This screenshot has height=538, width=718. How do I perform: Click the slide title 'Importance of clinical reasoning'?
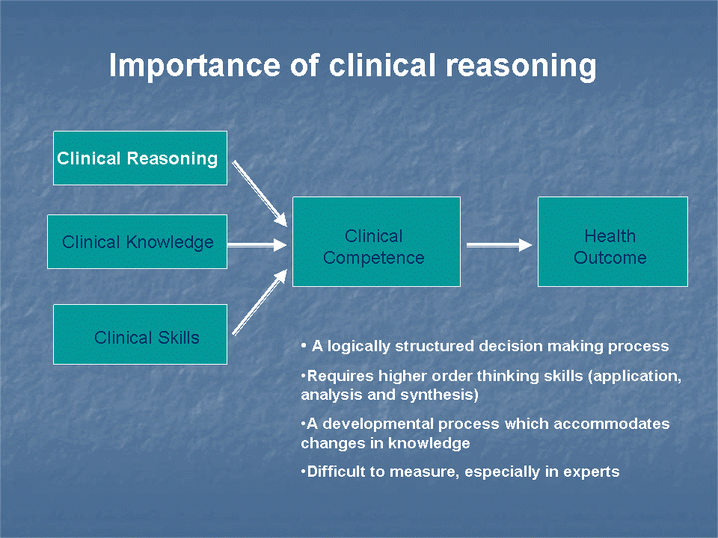tap(352, 66)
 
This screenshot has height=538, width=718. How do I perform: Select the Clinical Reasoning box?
tap(140, 158)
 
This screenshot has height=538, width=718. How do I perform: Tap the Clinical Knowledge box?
tap(137, 241)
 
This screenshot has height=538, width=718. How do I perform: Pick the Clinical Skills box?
tap(140, 335)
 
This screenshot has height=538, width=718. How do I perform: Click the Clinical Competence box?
tap(375, 241)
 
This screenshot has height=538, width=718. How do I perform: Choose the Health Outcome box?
tap(612, 241)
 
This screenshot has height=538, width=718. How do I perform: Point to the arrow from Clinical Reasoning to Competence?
tap(260, 193)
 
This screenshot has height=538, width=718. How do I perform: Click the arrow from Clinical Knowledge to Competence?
tap(257, 244)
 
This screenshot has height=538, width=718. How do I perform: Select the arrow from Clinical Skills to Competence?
tap(260, 302)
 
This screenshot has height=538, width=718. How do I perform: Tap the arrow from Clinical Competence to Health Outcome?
tap(499, 244)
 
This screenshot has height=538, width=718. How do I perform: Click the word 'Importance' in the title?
tap(192, 66)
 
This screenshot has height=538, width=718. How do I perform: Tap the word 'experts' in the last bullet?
tap(593, 471)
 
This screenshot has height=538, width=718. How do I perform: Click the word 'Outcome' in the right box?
tap(610, 258)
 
